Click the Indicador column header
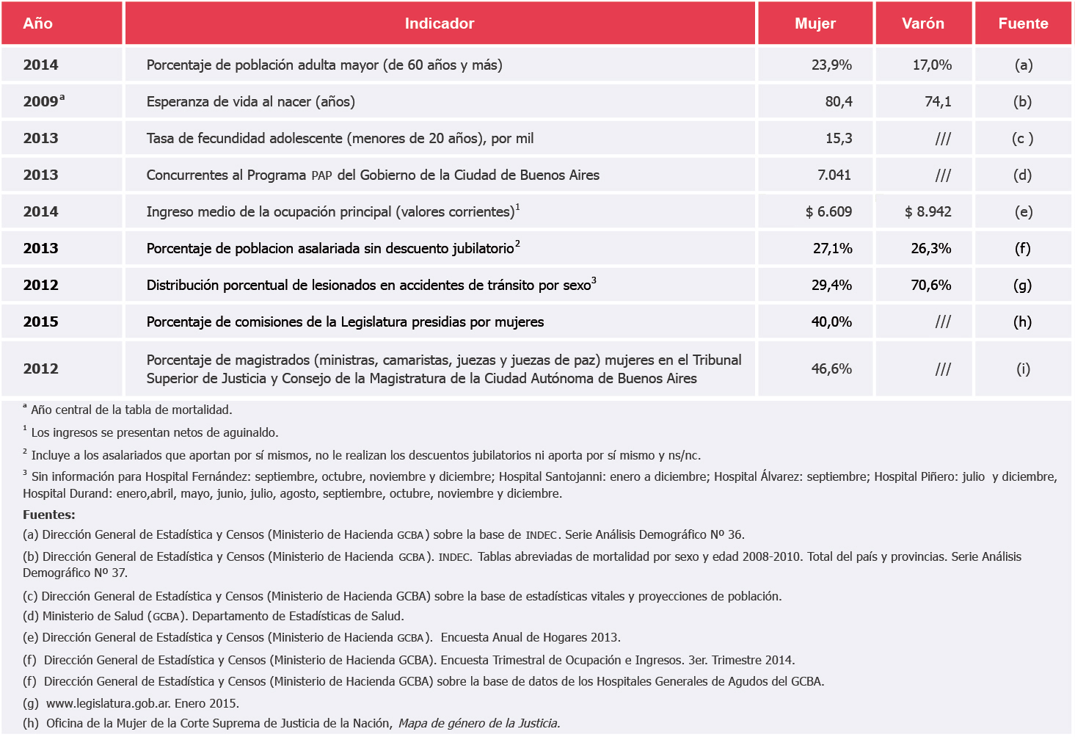(439, 23)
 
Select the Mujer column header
(815, 23)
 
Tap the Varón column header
(922, 23)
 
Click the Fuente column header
(1022, 23)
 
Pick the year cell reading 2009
(42, 102)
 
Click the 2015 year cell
(40, 322)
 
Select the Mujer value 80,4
(838, 102)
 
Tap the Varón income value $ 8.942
(928, 212)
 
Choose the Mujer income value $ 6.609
(828, 212)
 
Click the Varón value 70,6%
(930, 286)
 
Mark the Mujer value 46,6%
(831, 369)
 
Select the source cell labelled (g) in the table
(1022, 286)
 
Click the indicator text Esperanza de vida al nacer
(250, 102)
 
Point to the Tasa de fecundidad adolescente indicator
(339, 139)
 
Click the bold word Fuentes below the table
(48, 515)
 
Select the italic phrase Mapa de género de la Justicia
(478, 724)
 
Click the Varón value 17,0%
(931, 65)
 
